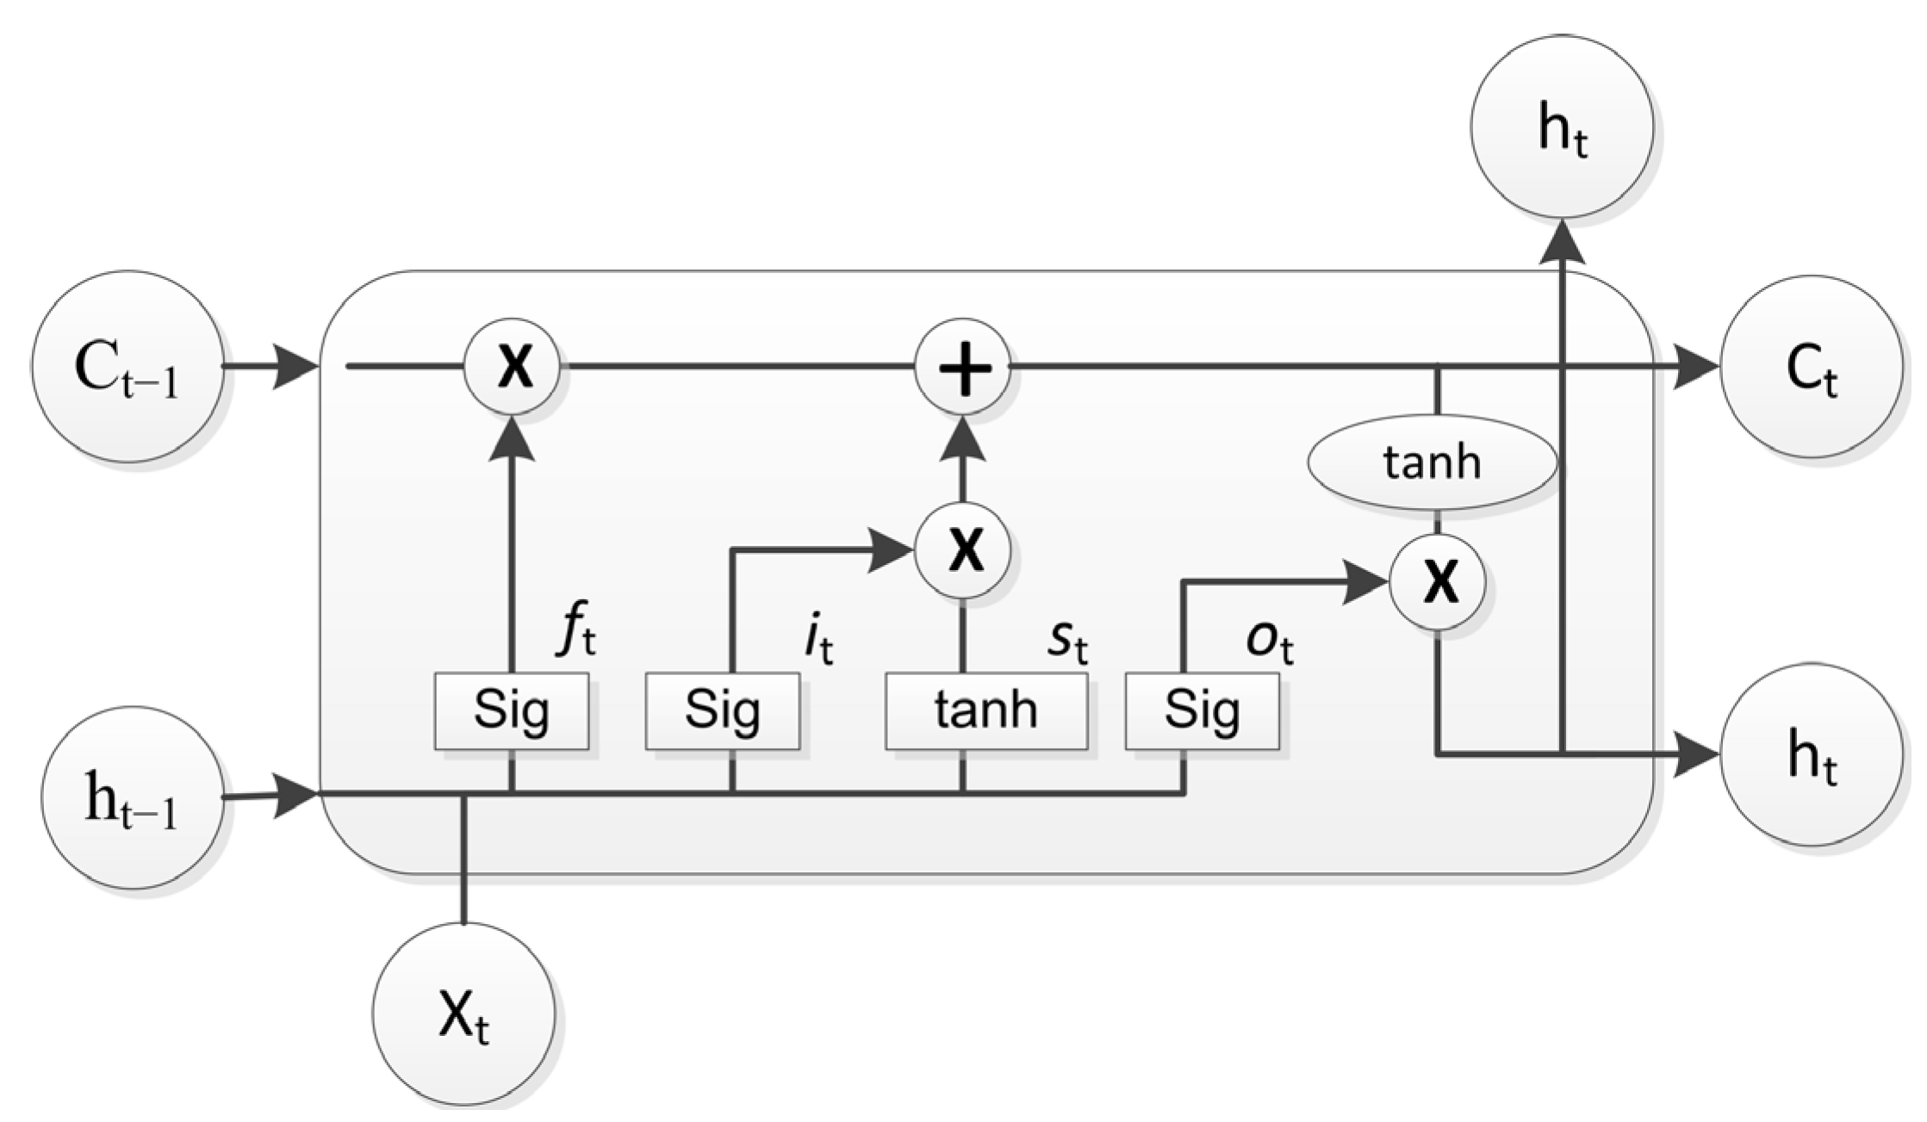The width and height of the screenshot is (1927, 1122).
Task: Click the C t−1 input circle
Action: point(127,367)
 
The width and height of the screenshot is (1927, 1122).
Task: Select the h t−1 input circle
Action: point(132,797)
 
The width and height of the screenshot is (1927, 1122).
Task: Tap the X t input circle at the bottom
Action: point(463,1014)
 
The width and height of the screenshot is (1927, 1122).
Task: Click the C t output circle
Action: point(1811,367)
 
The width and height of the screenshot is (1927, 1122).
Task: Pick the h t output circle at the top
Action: point(1562,127)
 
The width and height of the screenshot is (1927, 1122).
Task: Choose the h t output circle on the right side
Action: point(1811,754)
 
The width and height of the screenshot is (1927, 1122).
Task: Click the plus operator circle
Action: point(962,368)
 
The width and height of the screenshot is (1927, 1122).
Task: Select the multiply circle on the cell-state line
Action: point(513,368)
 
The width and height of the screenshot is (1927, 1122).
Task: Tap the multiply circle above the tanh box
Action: point(962,550)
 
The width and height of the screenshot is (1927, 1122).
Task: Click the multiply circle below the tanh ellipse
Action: point(1438,582)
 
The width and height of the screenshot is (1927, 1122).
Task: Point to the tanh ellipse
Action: point(1432,462)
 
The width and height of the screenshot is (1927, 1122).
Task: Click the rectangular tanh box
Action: point(986,711)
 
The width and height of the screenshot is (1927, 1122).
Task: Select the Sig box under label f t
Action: point(512,711)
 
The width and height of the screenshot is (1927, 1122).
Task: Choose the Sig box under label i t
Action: point(723,711)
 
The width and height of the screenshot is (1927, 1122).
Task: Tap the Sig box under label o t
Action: point(1203,711)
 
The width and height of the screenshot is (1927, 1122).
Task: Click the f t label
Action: point(576,635)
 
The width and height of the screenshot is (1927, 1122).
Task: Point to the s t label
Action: point(1067,642)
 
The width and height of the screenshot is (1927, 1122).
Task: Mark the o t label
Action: point(1270,642)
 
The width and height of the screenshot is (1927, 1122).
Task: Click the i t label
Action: point(819,641)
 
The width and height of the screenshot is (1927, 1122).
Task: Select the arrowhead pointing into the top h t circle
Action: point(1562,241)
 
